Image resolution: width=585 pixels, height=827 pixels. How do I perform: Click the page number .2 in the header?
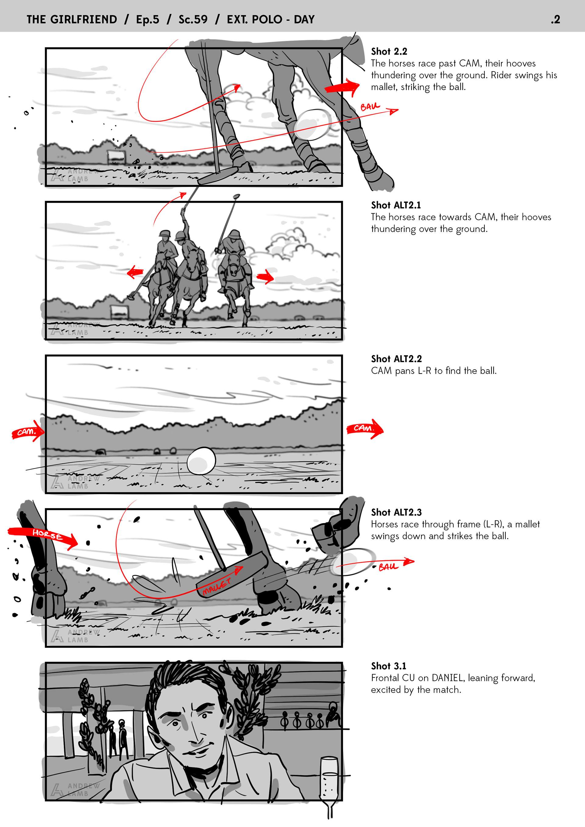click(x=555, y=19)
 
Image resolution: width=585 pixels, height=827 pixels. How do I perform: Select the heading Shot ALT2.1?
click(x=396, y=205)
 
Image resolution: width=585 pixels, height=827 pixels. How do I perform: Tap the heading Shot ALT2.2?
click(x=396, y=359)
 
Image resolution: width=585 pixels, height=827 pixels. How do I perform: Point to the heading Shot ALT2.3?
click(x=396, y=512)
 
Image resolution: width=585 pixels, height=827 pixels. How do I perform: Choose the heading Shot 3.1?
click(x=388, y=666)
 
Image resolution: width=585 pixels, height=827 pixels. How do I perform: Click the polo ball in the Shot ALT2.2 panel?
click(x=201, y=461)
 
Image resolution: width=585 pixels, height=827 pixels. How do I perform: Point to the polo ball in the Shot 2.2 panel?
click(x=312, y=125)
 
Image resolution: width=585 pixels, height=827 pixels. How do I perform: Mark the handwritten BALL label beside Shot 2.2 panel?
click(x=370, y=107)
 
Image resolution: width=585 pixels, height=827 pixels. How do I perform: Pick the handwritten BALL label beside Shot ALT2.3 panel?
click(x=388, y=567)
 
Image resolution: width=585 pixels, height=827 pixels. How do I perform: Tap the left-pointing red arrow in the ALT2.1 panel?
click(x=135, y=272)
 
